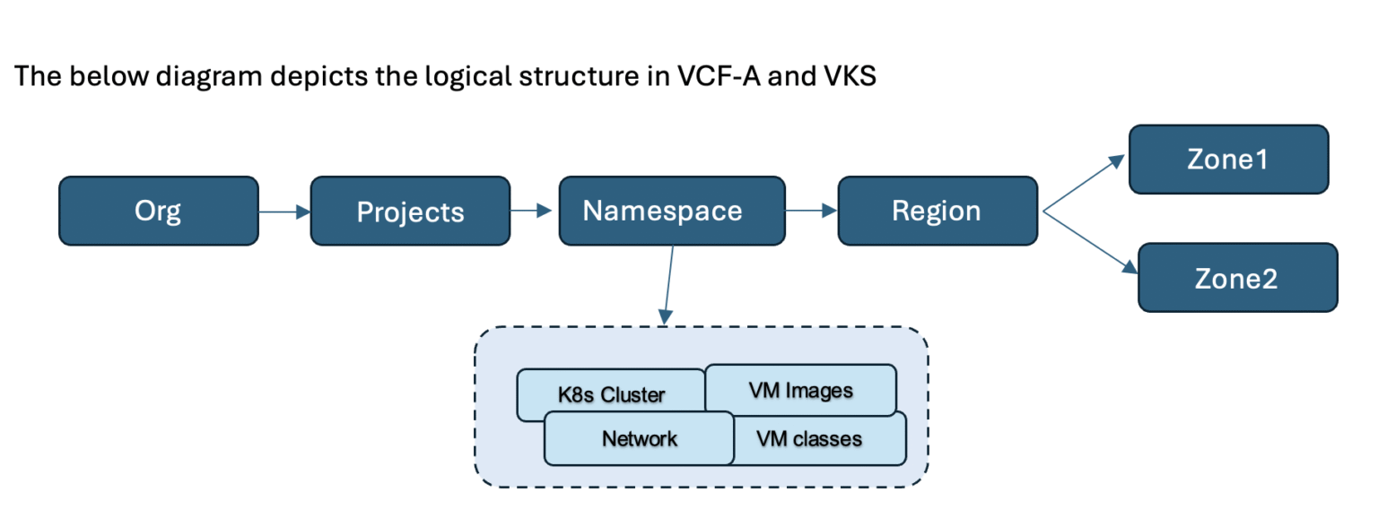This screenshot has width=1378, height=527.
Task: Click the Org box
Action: [159, 211]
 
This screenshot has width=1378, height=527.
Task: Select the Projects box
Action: [410, 211]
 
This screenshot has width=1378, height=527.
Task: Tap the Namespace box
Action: [672, 211]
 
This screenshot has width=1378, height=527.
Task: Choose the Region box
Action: [938, 211]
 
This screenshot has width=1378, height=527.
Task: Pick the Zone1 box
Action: [1228, 159]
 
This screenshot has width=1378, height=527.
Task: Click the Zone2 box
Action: [1238, 278]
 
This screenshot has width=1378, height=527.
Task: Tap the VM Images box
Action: [800, 389]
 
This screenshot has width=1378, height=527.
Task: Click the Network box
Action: [639, 438]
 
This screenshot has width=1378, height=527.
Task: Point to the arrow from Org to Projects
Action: [284, 212]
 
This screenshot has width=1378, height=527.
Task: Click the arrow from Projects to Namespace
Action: [531, 211]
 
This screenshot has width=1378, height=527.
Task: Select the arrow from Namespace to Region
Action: [811, 211]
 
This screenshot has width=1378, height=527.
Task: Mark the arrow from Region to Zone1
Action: [1084, 183]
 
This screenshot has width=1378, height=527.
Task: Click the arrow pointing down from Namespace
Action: [668, 285]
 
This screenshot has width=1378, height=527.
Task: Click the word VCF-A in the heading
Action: [719, 76]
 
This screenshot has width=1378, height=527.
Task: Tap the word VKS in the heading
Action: [850, 76]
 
